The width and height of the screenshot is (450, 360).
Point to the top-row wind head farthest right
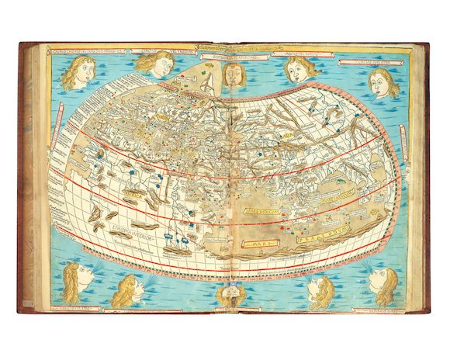pos(383,82)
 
